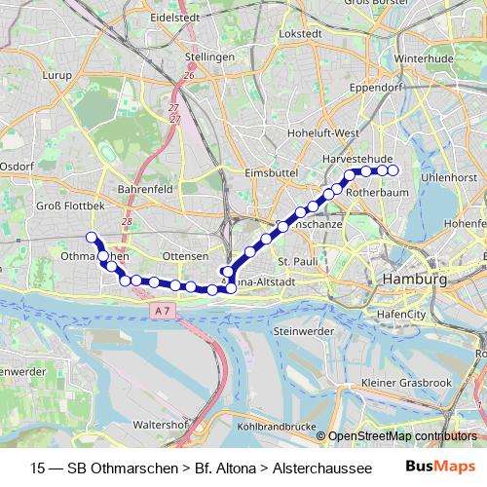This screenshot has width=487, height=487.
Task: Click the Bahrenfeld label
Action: coord(144,188)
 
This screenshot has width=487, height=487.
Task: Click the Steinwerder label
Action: coord(304,332)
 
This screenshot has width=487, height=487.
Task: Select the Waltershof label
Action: coord(162,425)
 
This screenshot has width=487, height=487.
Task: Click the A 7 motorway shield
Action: coord(166,310)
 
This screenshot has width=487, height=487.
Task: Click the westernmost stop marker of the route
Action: coord(92,238)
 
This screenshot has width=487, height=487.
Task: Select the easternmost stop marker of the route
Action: coord(394,170)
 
